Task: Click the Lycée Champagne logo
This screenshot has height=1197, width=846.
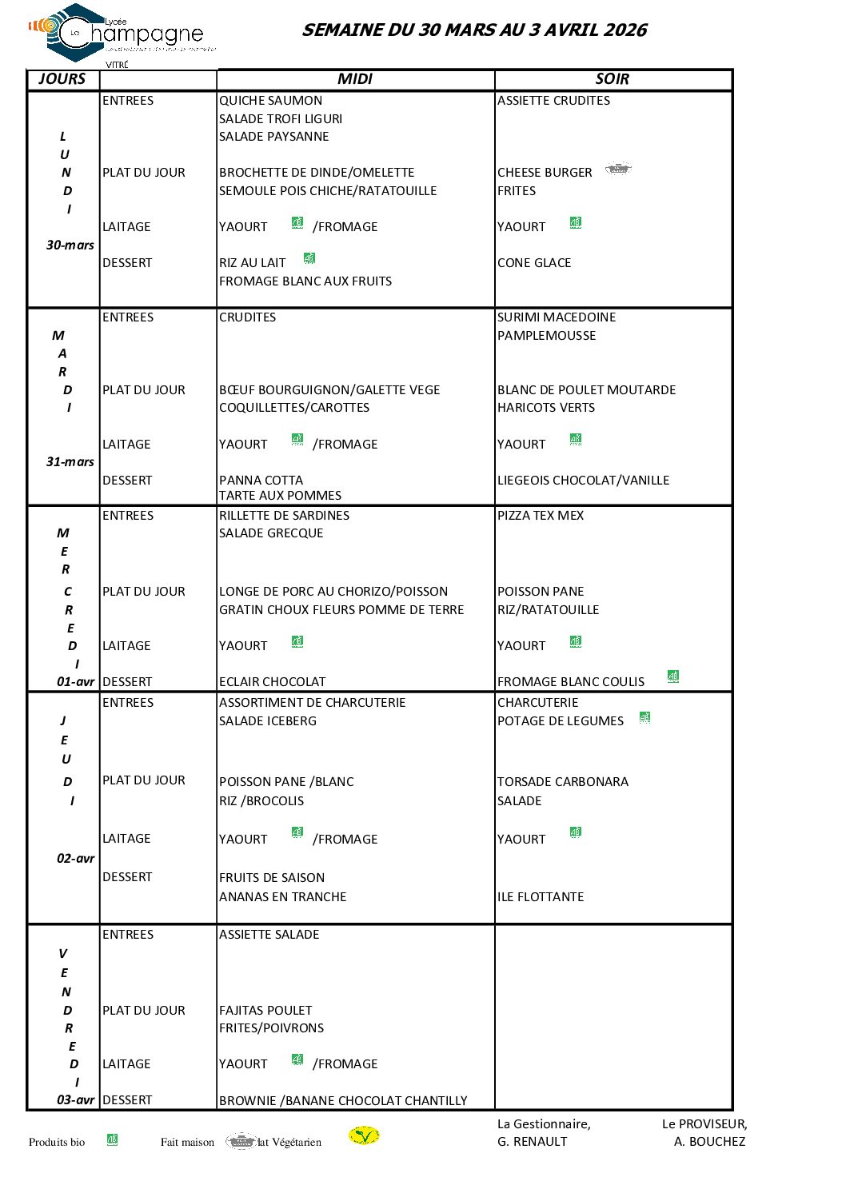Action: (x=120, y=34)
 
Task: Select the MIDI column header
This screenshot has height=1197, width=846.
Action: (x=354, y=79)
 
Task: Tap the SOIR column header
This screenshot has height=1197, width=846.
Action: (x=613, y=79)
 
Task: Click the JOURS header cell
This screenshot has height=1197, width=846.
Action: (x=62, y=79)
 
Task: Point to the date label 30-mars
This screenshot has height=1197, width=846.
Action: (x=70, y=245)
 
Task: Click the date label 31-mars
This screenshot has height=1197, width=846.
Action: (x=70, y=462)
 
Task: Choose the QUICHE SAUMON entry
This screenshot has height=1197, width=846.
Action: (x=270, y=101)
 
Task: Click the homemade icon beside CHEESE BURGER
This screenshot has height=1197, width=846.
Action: (x=618, y=170)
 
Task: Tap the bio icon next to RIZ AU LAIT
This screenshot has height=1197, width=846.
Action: (x=309, y=258)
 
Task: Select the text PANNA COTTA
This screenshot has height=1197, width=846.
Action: (x=261, y=481)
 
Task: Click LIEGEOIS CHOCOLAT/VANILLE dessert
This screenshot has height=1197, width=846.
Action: (x=583, y=481)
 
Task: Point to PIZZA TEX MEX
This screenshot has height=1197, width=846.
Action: (x=541, y=516)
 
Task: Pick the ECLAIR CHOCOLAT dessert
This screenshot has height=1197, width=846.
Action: (x=272, y=682)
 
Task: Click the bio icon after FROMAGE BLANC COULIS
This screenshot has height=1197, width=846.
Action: (x=673, y=676)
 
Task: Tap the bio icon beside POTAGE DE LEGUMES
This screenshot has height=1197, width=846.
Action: (x=644, y=718)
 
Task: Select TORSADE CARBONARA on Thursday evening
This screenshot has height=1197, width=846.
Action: (x=562, y=782)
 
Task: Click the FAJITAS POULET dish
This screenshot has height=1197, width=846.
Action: (x=265, y=1011)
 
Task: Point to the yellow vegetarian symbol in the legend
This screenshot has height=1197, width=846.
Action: (x=364, y=1136)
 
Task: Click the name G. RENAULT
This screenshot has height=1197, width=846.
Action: (x=532, y=1142)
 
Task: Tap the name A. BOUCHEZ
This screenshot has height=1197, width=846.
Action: (x=709, y=1142)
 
